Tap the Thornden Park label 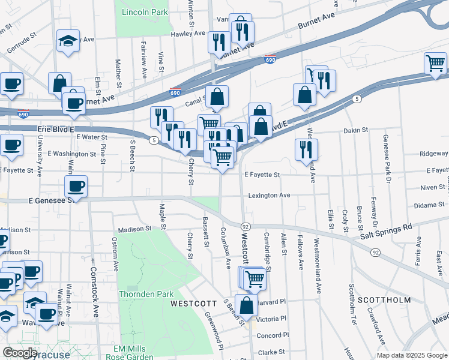pyautogui.click(x=146, y=294)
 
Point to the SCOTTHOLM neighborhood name pyautogui.click(x=384, y=300)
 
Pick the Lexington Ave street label pyautogui.click(x=270, y=196)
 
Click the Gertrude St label pyautogui.click(x=22, y=46)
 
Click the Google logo pyautogui.click(x=20, y=353)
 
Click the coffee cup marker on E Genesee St pyautogui.click(x=76, y=186)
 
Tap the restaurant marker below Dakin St pyautogui.click(x=306, y=149)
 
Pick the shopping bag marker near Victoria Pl pyautogui.click(x=246, y=304)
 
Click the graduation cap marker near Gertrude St pyautogui.click(x=67, y=41)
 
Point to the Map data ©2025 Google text pyautogui.click(x=411, y=355)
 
